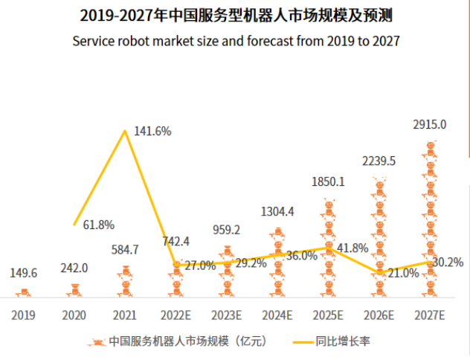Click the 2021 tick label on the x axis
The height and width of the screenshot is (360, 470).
(x=124, y=315)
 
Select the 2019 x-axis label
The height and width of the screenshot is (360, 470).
(x=23, y=315)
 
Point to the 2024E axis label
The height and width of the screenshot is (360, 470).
(x=277, y=315)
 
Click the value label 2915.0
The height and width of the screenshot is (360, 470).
(x=431, y=125)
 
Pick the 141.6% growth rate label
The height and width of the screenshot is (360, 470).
(x=152, y=132)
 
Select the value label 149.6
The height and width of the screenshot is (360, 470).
(x=24, y=273)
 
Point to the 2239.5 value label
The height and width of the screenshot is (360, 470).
(x=379, y=161)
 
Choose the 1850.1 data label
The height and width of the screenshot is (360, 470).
(x=328, y=181)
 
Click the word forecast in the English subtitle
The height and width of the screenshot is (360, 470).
(x=269, y=41)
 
